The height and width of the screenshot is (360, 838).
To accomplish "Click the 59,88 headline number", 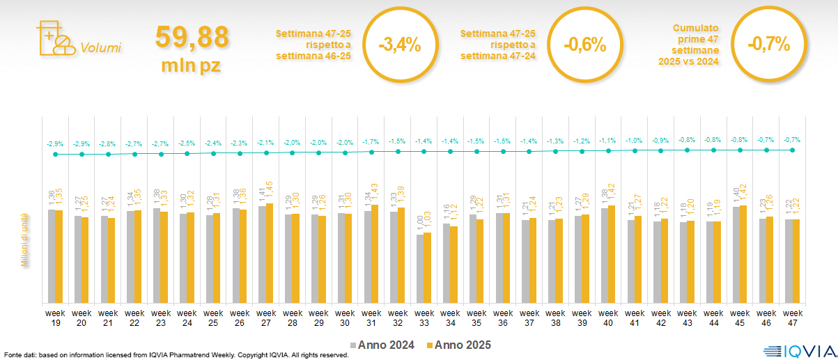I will click(x=192, y=38).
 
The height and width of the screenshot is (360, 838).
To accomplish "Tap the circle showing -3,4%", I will click(x=399, y=45).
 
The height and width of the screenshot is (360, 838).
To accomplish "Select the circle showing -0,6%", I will click(x=584, y=45).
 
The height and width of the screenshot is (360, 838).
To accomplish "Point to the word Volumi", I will click(x=100, y=48).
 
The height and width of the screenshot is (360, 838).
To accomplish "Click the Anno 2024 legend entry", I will click(x=382, y=345).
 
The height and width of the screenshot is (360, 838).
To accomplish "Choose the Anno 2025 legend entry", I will click(x=460, y=345).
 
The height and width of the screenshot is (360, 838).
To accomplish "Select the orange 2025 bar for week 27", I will click(x=270, y=253).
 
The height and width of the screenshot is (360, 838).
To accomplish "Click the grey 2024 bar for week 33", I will click(x=420, y=268).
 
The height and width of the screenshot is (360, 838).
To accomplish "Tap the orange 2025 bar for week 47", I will click(x=796, y=261).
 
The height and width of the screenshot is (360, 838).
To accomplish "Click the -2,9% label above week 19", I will click(x=55, y=143).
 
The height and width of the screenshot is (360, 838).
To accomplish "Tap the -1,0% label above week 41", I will click(x=635, y=141).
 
